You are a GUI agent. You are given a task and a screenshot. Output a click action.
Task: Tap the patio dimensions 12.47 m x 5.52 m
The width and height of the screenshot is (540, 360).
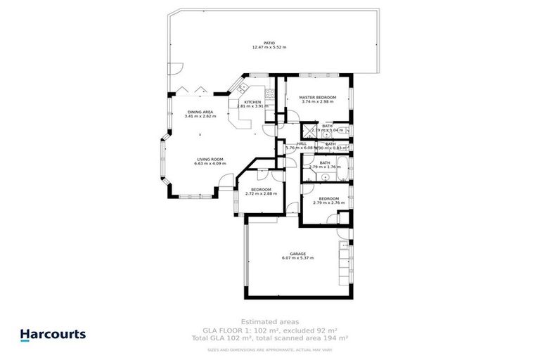click(269, 48)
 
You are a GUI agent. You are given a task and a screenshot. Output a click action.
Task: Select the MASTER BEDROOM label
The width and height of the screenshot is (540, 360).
click(317, 97)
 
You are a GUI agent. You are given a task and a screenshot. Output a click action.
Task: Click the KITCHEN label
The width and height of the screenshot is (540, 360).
click(252, 102)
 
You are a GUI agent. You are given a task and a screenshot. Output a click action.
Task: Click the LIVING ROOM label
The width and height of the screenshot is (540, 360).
click(209, 160)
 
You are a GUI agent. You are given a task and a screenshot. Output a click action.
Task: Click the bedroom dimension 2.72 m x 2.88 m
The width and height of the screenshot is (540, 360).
click(261, 193)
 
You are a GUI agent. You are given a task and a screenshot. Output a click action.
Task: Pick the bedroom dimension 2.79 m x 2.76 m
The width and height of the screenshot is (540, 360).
click(328, 202)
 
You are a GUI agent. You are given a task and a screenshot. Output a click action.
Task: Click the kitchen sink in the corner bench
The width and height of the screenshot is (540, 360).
click(241, 88)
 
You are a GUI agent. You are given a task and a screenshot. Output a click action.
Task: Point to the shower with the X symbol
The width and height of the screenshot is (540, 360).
click(307, 129)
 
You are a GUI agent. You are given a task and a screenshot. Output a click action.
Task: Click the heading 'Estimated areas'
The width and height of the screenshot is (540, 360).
click(270, 320)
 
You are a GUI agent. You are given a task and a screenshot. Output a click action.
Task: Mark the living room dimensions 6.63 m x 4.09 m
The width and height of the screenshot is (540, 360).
click(209, 164)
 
